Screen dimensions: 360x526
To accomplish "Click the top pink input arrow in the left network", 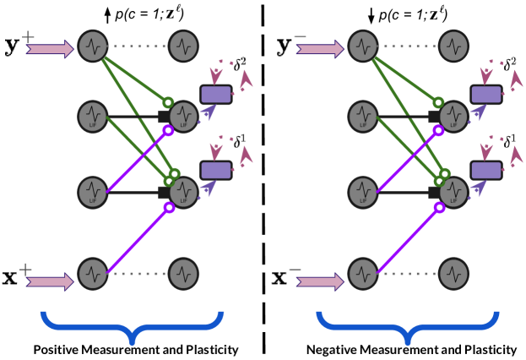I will point(50,49).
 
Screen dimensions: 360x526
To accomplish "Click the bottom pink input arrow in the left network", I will point(50,281).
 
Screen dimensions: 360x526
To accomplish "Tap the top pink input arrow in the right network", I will point(320,49).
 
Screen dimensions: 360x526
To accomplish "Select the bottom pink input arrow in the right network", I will point(320,281).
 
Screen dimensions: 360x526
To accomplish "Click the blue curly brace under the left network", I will point(133,325).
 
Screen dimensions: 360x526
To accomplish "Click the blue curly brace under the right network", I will point(408,325).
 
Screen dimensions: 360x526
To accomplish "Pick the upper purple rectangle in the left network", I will point(216,95).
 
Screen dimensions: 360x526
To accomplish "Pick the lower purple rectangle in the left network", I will point(216,170).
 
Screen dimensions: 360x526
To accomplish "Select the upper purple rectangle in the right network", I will point(486,95).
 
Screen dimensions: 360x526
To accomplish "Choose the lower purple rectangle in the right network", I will point(486,170).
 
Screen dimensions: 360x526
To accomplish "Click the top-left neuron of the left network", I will point(93,46).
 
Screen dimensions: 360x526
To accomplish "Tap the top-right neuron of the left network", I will point(183,46).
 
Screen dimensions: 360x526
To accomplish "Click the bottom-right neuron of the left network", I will point(183,274).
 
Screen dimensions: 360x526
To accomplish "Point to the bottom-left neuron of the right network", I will point(363,274).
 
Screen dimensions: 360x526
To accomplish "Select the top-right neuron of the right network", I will point(453,46).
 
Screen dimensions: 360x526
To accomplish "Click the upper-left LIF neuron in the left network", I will point(93,117).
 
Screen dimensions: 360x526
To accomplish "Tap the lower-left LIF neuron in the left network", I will point(93,193).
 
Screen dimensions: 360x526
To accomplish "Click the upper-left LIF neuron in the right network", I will point(363,117).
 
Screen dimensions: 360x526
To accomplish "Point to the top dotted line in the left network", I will point(138,46).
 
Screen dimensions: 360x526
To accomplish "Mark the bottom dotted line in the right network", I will point(409,274).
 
